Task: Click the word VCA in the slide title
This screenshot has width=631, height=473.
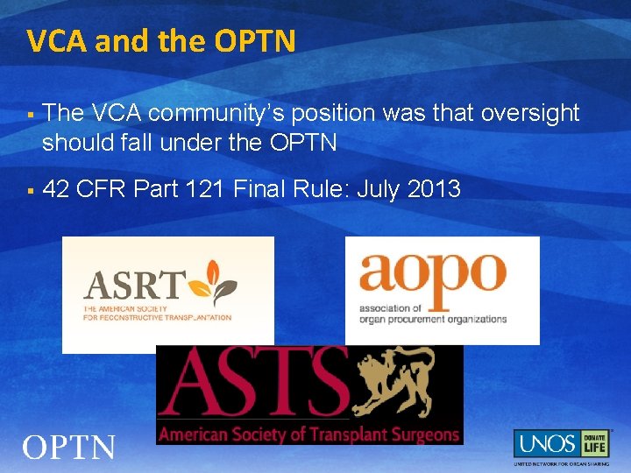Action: pos(55,40)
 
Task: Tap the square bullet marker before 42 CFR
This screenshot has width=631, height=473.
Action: pos(30,189)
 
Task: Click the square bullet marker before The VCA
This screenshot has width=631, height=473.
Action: pos(30,114)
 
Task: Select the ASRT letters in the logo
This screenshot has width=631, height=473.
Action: pos(134,286)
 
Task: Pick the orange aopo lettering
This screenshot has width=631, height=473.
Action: pos(433,279)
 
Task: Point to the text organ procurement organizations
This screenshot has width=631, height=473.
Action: pos(433,319)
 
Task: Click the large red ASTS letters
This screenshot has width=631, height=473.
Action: pos(254,383)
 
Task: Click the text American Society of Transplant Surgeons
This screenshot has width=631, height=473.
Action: pos(308,434)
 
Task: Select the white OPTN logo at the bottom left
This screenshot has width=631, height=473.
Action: pos(68,448)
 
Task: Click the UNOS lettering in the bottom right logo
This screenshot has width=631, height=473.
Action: pos(544,443)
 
